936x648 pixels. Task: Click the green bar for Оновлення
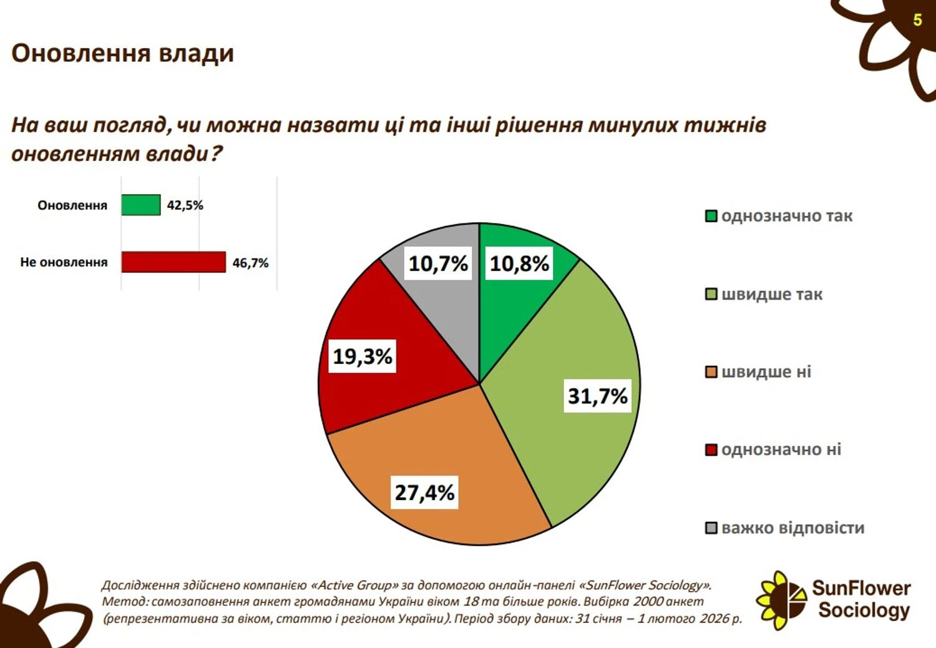(140, 205)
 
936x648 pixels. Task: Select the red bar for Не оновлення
(173, 262)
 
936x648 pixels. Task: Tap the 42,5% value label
(185, 205)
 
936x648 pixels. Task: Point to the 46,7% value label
(250, 263)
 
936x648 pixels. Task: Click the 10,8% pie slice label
(519, 263)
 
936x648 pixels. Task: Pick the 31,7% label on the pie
(597, 396)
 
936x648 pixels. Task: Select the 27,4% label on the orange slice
(424, 493)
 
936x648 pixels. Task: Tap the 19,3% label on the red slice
(362, 356)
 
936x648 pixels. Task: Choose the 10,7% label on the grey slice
(438, 263)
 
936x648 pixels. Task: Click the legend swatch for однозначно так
(711, 217)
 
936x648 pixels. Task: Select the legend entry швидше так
(772, 294)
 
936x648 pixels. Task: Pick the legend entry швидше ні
(766, 372)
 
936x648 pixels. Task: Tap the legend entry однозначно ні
(781, 449)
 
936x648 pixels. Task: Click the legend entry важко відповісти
(792, 528)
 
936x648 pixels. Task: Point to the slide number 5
(917, 20)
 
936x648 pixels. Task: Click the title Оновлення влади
(122, 54)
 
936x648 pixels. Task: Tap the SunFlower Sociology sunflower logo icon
(780, 600)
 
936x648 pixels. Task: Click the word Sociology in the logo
(864, 610)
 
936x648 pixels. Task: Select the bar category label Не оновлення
(64, 262)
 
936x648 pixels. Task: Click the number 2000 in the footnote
(648, 602)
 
